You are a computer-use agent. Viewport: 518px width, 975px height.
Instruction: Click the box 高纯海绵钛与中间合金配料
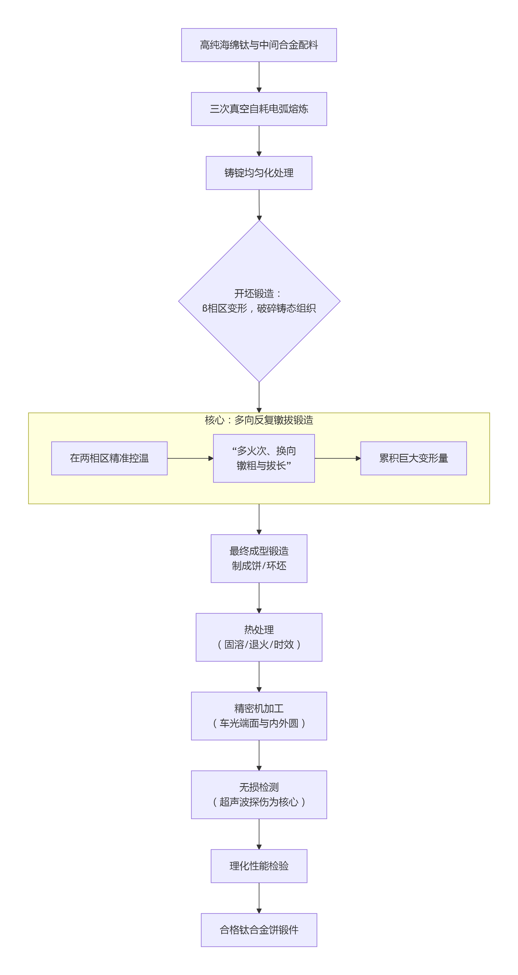[x=259, y=45]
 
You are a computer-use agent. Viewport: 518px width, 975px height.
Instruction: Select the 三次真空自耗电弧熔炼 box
[x=259, y=109]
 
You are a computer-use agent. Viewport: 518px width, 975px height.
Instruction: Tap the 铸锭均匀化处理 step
[x=259, y=173]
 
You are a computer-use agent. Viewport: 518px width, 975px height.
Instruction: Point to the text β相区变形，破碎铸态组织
[x=259, y=309]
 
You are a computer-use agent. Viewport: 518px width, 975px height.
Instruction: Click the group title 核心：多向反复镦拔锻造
[x=259, y=420]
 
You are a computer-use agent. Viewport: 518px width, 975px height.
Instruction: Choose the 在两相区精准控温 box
[x=109, y=458]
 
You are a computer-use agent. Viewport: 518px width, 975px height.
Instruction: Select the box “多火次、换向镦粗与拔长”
[x=264, y=458]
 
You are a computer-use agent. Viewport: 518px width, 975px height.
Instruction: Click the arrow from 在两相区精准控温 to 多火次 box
[x=190, y=458]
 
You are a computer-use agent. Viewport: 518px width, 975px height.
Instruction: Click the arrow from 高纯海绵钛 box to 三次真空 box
[x=259, y=77]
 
